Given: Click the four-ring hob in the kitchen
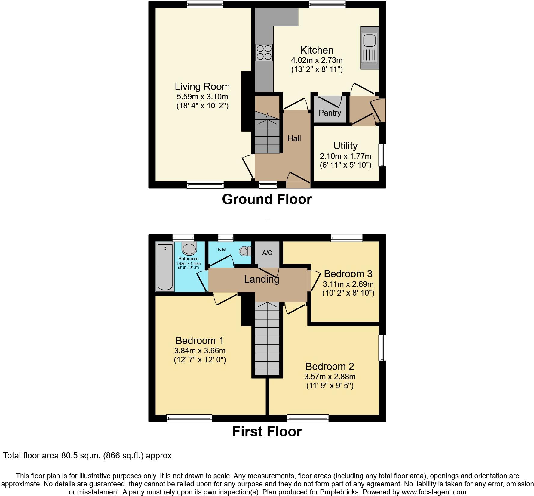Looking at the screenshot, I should click(264, 52).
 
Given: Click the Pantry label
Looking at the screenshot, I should click(330, 113).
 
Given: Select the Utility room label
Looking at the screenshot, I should click(345, 146).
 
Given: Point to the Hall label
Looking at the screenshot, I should click(294, 139).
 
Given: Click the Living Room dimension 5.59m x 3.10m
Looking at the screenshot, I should click(202, 97).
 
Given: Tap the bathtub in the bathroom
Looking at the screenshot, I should click(165, 268).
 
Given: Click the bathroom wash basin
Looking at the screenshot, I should click(189, 249).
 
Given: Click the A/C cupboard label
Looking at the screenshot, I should click(267, 253).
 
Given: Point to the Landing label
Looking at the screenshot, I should click(262, 279).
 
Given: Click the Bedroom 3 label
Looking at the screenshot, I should click(348, 274).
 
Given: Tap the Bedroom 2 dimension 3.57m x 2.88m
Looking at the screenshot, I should click(330, 377).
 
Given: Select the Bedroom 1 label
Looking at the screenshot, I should click(200, 341).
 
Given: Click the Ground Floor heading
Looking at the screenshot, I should click(267, 199).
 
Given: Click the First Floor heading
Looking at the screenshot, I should click(267, 432).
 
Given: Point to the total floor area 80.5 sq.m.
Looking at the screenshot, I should click(87, 456).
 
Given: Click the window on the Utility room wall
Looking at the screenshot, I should click(382, 155).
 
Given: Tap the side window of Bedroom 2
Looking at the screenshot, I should click(382, 348).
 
